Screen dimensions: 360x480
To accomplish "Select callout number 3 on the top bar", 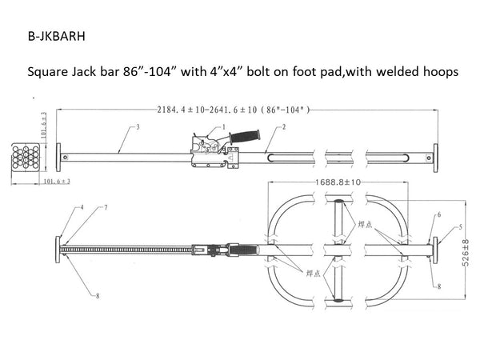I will click(138, 127).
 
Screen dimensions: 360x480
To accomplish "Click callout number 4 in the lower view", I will click(81, 207).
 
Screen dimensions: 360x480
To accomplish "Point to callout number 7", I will click(105, 207).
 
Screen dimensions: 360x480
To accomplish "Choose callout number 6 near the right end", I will click(439, 214).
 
